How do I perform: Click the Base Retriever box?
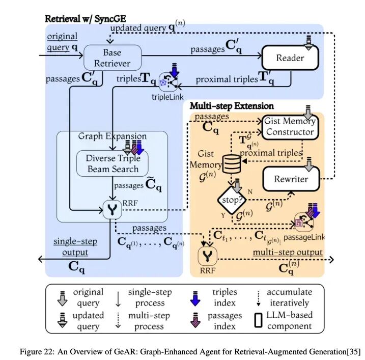click(112, 58)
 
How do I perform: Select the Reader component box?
click(290, 58)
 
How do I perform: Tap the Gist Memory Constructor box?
click(290, 127)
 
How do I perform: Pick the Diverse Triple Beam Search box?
click(113, 162)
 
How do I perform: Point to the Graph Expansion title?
click(113, 136)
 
